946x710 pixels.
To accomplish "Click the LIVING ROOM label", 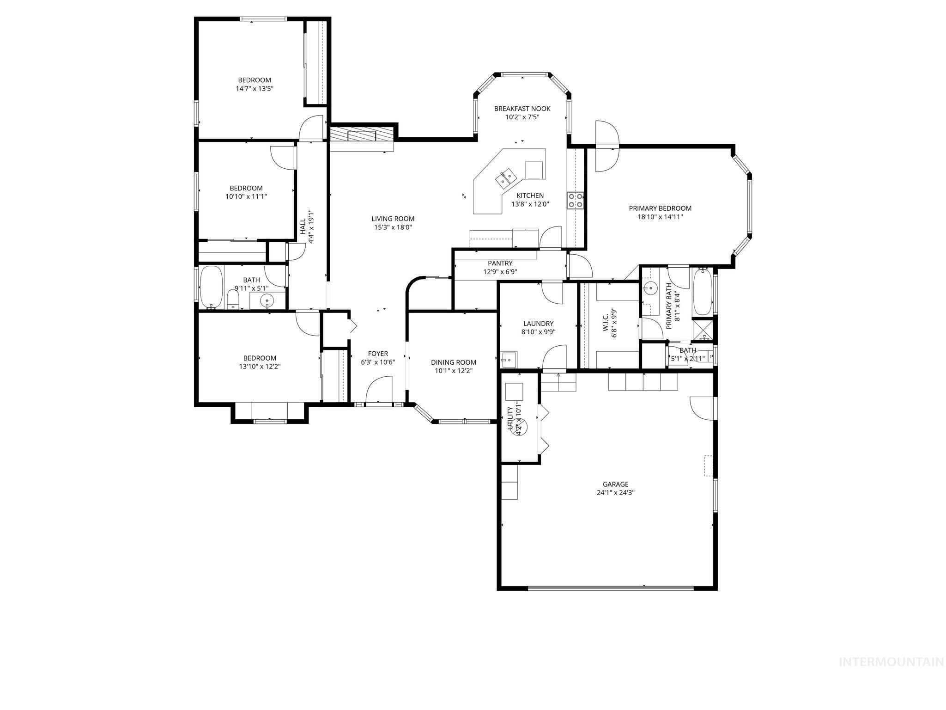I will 393,219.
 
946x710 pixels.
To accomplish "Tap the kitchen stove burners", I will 576,201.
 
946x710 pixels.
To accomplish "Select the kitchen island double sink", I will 505,178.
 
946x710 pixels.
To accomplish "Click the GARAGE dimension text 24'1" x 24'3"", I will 615,493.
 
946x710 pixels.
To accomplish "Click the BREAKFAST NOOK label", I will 522,109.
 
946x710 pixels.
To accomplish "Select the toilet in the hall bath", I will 233,300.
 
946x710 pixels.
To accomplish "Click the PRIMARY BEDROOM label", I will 660,208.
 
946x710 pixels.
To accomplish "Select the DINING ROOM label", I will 453,362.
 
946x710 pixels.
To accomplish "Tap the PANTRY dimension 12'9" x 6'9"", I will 500,272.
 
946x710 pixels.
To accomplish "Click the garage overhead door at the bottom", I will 610,588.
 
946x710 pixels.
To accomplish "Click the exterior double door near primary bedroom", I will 606,147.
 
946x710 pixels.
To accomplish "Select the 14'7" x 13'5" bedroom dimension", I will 255,88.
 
